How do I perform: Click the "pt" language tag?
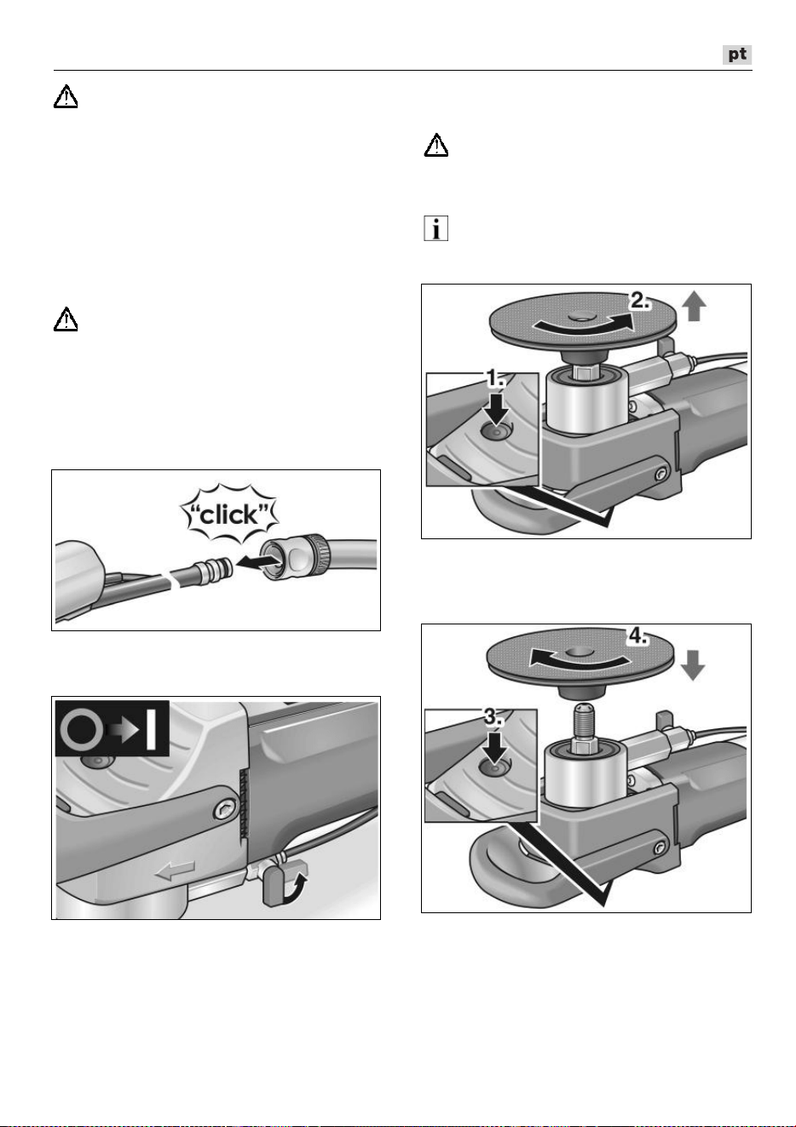[736, 55]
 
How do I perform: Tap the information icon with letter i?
[435, 228]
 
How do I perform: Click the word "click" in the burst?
[229, 515]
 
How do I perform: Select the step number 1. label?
[495, 378]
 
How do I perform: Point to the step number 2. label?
[640, 301]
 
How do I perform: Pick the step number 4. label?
[637, 637]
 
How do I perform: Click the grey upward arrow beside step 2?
[694, 307]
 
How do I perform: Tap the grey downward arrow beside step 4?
[692, 665]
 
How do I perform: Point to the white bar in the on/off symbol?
[151, 729]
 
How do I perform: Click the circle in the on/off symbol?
[82, 729]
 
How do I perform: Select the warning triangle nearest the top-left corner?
[66, 96]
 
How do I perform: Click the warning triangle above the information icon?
[436, 145]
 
